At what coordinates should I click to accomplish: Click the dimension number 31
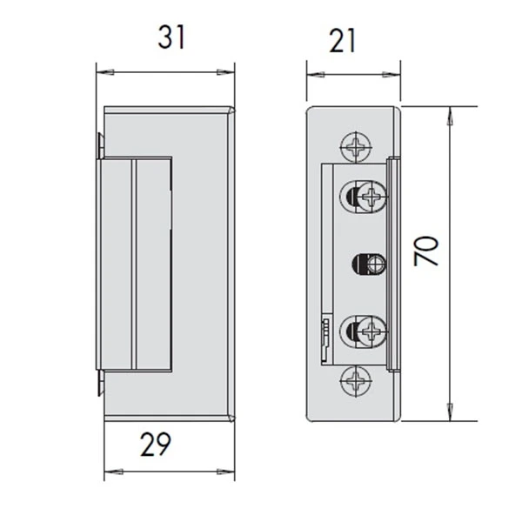[x=171, y=37]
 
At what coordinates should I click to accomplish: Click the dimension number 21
[x=343, y=41]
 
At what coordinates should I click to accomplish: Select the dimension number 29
[x=156, y=444]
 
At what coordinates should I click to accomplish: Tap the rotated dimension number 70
[x=426, y=251]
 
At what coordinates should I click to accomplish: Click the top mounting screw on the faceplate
[x=356, y=147]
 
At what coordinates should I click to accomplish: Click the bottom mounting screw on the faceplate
[x=356, y=381]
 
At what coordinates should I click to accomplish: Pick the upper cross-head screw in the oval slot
[x=372, y=196]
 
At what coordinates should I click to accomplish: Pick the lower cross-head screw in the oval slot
[x=372, y=331]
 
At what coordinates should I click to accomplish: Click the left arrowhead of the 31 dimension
[x=105, y=72]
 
